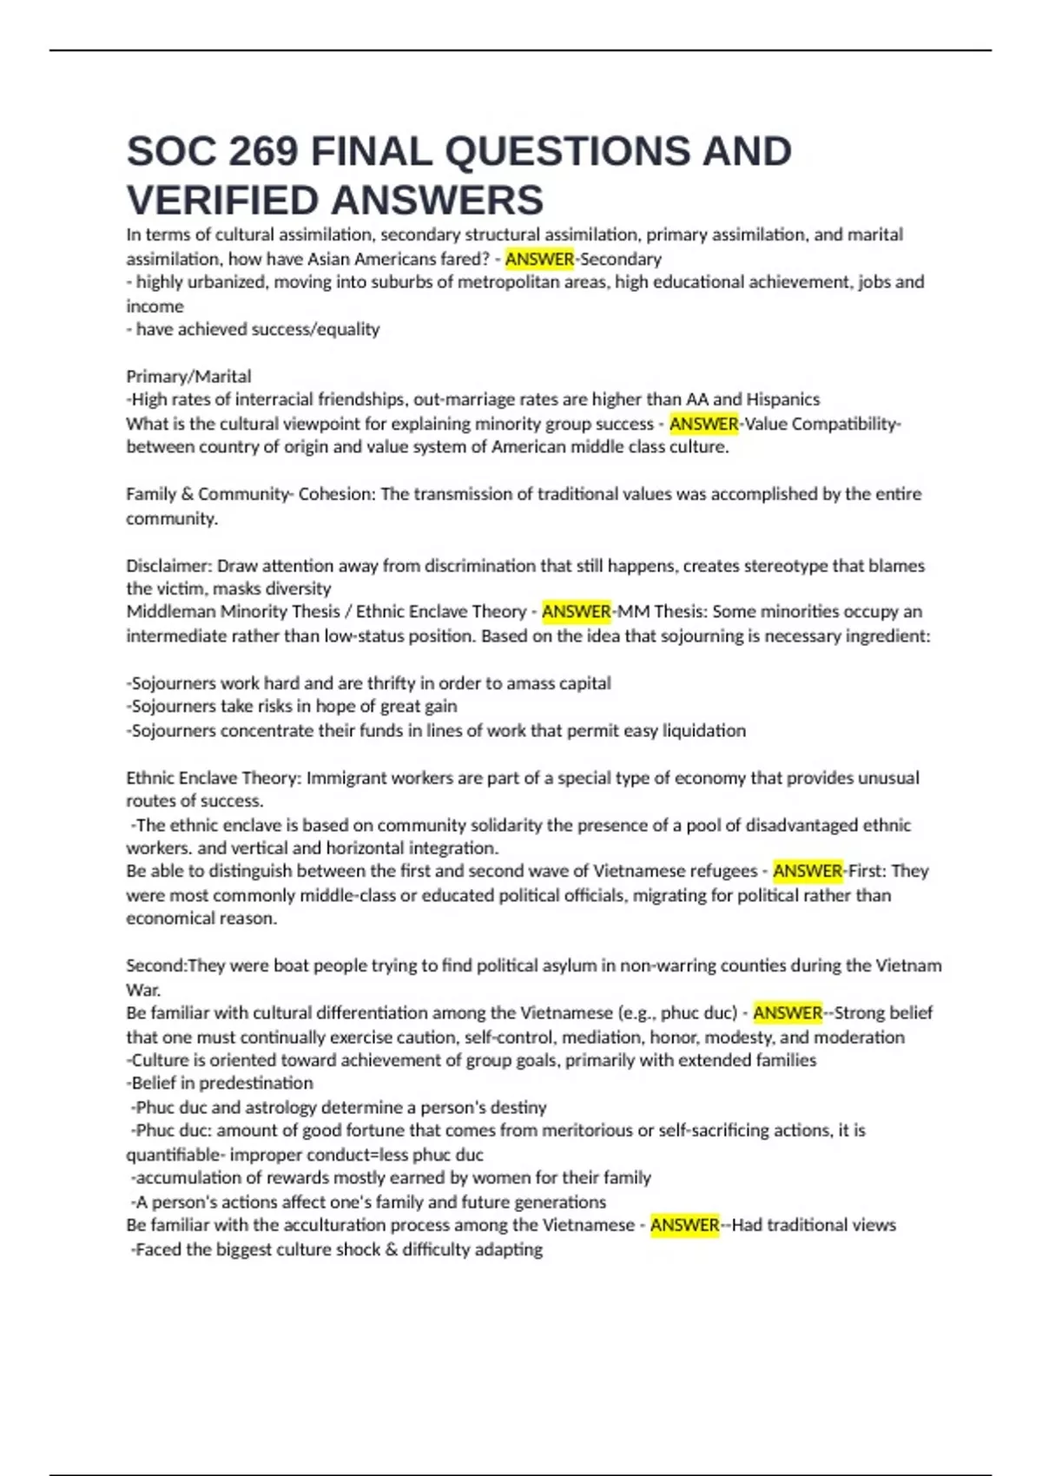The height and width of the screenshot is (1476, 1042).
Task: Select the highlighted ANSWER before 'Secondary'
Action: click(x=539, y=259)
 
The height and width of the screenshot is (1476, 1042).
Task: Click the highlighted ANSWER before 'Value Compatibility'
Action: click(x=703, y=424)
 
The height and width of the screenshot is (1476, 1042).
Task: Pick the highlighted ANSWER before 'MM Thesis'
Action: click(x=577, y=611)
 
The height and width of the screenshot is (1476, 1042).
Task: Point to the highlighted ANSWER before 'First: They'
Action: click(x=808, y=871)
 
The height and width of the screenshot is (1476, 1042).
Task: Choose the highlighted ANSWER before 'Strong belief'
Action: click(x=788, y=1012)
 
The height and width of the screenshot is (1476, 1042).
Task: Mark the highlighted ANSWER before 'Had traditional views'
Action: click(x=684, y=1225)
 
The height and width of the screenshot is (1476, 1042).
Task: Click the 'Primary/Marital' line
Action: click(x=188, y=376)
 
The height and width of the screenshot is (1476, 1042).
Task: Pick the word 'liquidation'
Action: click(x=704, y=730)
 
